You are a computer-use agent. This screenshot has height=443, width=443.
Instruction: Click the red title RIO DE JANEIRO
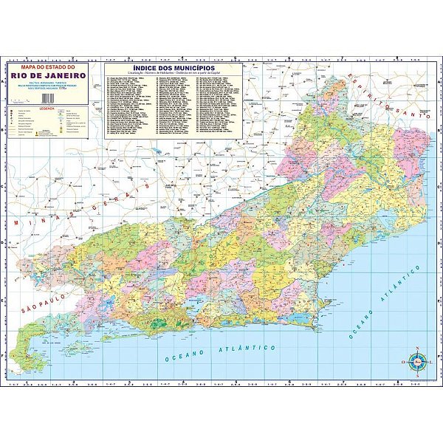click(x=49, y=75)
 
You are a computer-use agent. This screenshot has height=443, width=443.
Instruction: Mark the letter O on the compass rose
click(x=405, y=362)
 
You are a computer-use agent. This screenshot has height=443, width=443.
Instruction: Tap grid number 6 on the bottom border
click(x=289, y=382)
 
